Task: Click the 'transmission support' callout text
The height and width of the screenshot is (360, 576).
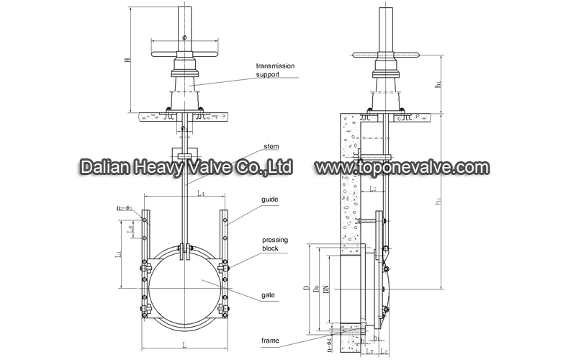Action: pos(278,69)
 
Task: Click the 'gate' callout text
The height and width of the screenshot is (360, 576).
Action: pos(270,296)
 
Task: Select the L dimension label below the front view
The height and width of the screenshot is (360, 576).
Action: pos(184,346)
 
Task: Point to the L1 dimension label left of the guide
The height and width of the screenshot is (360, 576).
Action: pos(119,253)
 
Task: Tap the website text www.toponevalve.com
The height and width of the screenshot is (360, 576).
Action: pos(402,167)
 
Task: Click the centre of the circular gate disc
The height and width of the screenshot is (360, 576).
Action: pos(184,284)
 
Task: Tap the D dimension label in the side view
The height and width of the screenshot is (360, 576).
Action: pos(307,289)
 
